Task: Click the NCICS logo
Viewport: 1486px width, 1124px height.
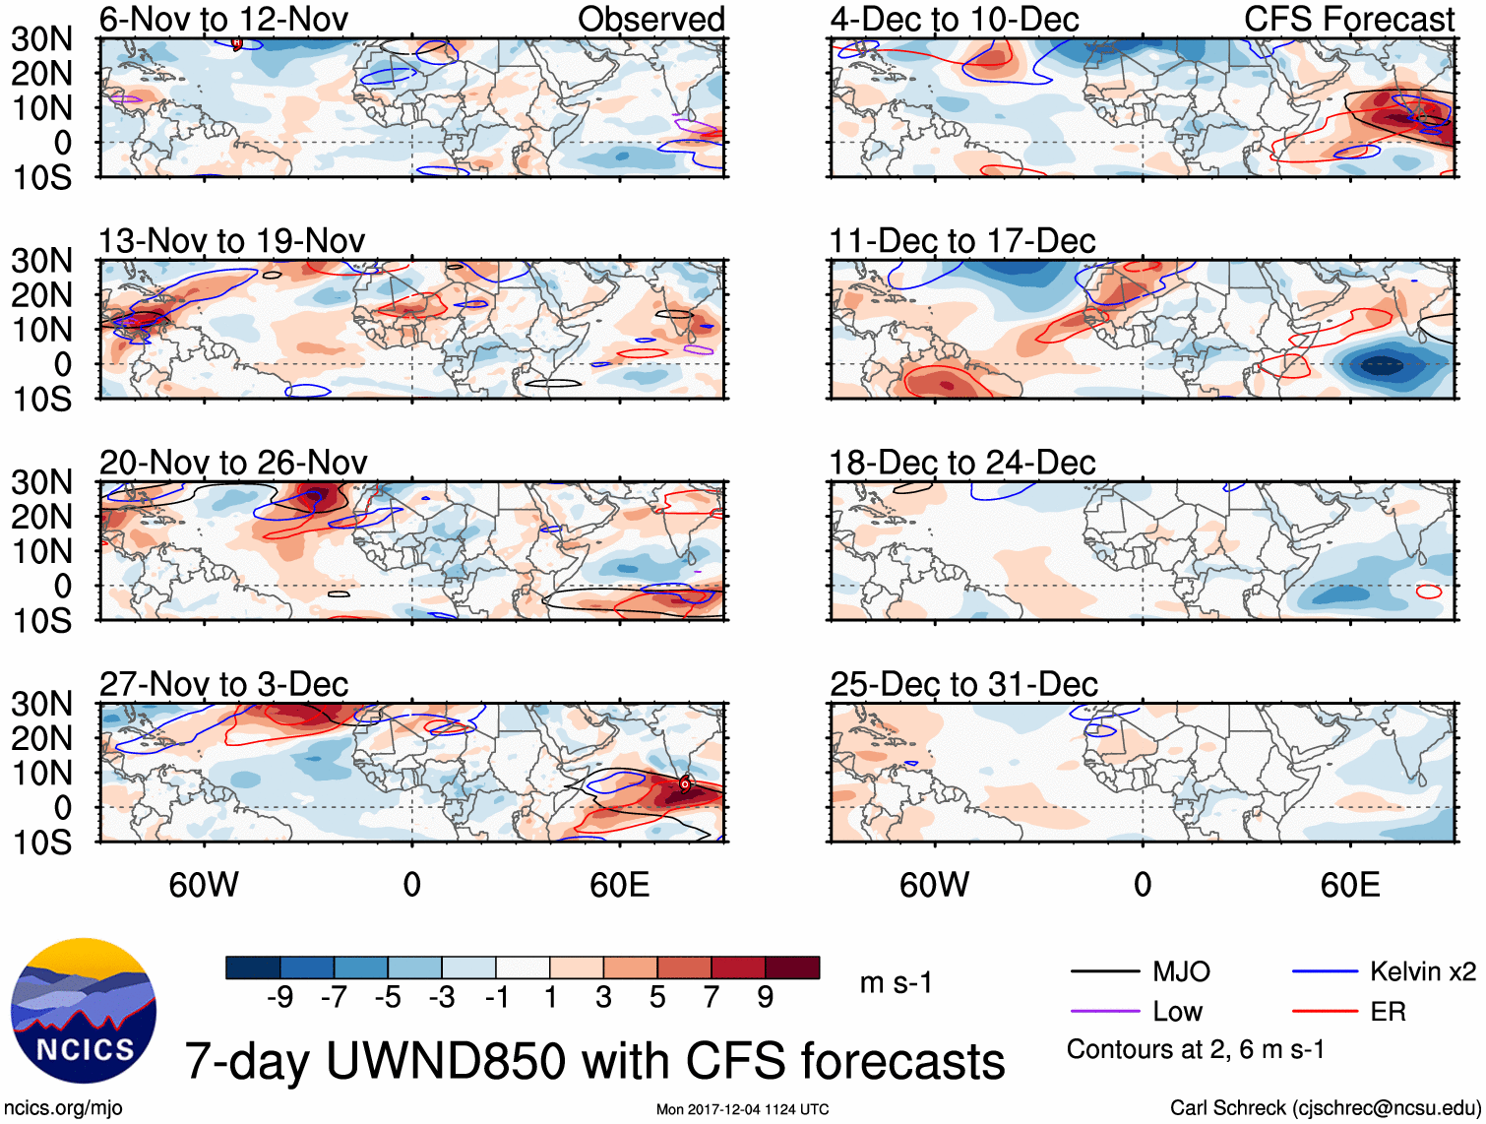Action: pyautogui.click(x=84, y=1011)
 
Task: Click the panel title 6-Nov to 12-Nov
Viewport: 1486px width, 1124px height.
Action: pyautogui.click(x=223, y=19)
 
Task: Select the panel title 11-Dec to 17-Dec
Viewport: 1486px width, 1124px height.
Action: pyautogui.click(x=961, y=241)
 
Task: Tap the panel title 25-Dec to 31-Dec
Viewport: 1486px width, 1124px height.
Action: pyautogui.click(x=963, y=684)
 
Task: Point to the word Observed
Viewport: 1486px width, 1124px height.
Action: pyautogui.click(x=650, y=19)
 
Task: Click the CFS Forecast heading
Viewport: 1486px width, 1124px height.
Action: pyautogui.click(x=1348, y=19)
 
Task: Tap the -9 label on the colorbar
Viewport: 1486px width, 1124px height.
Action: pyautogui.click(x=279, y=998)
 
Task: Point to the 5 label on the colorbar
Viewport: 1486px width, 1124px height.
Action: pyautogui.click(x=657, y=998)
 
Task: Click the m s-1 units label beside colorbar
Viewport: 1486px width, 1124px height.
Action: pyautogui.click(x=896, y=982)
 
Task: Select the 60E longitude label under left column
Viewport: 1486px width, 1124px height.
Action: pyautogui.click(x=619, y=885)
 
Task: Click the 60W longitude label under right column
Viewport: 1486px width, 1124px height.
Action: pyautogui.click(x=934, y=885)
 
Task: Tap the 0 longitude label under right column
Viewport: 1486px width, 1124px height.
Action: pyautogui.click(x=1142, y=885)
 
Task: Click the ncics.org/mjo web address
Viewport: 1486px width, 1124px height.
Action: pyautogui.click(x=62, y=1107)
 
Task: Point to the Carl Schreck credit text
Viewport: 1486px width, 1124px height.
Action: pyautogui.click(x=1325, y=1107)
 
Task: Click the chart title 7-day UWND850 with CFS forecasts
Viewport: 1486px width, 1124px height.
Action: pyautogui.click(x=594, y=1061)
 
